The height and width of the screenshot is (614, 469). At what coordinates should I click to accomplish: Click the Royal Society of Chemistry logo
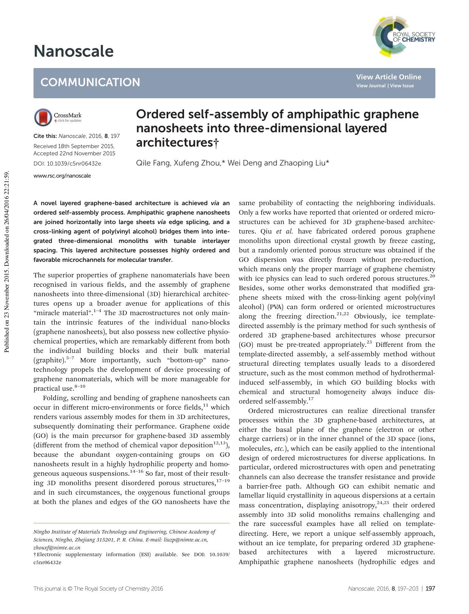click(403, 37)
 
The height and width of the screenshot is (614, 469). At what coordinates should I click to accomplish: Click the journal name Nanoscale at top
click(73, 51)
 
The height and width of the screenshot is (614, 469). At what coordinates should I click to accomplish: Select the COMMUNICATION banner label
click(90, 82)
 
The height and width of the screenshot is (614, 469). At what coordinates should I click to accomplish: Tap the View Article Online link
click(388, 77)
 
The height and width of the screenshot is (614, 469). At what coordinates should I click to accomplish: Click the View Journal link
click(370, 86)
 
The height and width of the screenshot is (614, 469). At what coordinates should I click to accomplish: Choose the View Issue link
click(402, 86)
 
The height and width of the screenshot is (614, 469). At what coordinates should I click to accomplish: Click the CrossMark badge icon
click(43, 117)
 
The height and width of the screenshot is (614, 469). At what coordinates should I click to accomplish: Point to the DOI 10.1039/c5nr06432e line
click(67, 164)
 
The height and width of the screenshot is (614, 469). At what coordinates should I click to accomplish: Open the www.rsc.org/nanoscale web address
click(62, 176)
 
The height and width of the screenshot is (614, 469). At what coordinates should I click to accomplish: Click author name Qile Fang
click(152, 163)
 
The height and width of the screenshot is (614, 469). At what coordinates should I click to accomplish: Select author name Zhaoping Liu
click(302, 163)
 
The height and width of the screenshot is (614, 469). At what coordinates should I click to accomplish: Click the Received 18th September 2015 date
click(74, 146)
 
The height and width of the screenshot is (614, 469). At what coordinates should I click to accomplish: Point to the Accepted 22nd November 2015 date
click(74, 153)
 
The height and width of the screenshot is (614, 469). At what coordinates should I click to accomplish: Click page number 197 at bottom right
click(430, 588)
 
